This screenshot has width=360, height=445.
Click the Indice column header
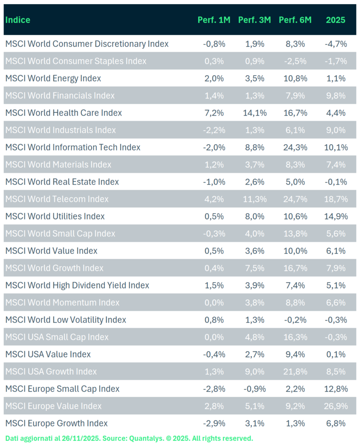click(x=18, y=20)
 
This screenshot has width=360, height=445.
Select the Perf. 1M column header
click(x=214, y=20)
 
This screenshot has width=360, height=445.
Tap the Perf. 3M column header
click(x=255, y=20)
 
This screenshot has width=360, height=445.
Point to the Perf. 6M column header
click(x=295, y=20)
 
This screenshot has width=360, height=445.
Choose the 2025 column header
click(x=336, y=20)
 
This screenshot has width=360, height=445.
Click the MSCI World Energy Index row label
click(x=53, y=78)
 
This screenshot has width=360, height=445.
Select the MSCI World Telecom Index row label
click(x=57, y=199)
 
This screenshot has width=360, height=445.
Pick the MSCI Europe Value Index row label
click(x=53, y=406)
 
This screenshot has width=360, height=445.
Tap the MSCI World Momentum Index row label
click(x=62, y=303)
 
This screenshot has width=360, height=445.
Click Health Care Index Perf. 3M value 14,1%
click(x=255, y=113)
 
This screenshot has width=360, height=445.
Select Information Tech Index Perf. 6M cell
click(x=295, y=147)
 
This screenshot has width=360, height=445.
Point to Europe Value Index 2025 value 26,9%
click(x=336, y=406)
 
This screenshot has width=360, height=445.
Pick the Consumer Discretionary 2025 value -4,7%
click(x=336, y=44)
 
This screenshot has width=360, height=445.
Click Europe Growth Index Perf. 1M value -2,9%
click(x=214, y=423)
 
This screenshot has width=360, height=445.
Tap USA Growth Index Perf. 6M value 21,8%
click(x=295, y=372)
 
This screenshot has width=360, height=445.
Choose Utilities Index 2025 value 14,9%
click(x=336, y=216)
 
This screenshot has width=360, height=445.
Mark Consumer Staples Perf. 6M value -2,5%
click(x=295, y=61)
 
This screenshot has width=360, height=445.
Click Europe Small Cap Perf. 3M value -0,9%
click(x=255, y=389)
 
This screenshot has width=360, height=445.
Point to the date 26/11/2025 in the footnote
click(x=83, y=438)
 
